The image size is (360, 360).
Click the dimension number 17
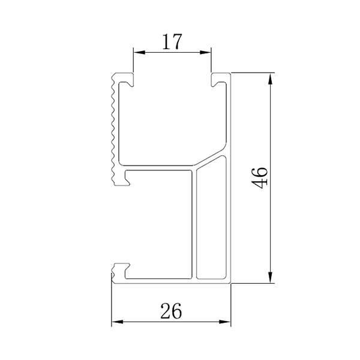click(172, 41)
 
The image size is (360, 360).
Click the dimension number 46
click(260, 178)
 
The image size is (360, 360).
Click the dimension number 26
click(172, 311)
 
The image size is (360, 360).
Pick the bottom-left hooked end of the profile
click(122, 270)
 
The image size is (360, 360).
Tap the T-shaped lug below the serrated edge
click(122, 178)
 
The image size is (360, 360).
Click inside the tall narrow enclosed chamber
click(211, 222)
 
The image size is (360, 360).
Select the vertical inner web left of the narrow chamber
click(194, 225)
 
